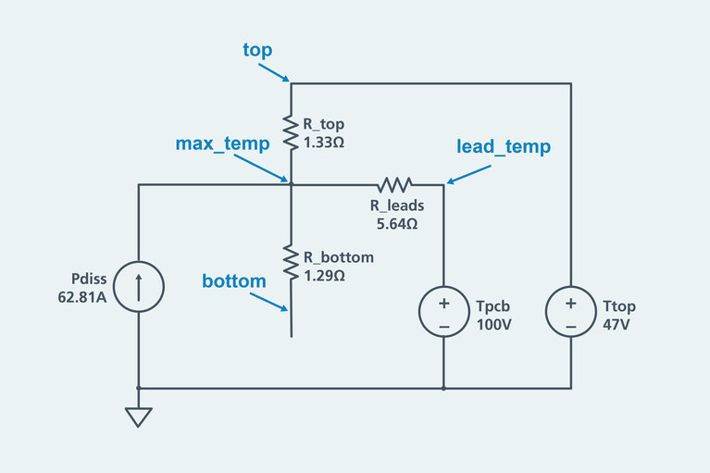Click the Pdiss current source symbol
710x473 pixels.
pyautogui.click(x=139, y=286)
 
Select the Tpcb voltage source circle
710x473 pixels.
pyautogui.click(x=443, y=311)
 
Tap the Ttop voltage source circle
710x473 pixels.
pyautogui.click(x=570, y=311)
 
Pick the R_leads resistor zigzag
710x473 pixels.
pyautogui.click(x=393, y=184)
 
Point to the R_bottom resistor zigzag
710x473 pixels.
pyautogui.click(x=292, y=265)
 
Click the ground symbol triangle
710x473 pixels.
pyautogui.click(x=139, y=417)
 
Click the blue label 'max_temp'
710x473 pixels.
pyautogui.click(x=222, y=143)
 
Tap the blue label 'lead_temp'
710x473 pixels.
pyautogui.click(x=504, y=146)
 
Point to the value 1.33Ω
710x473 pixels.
pyautogui.click(x=324, y=143)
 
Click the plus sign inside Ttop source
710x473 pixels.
pyautogui.click(x=570, y=303)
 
